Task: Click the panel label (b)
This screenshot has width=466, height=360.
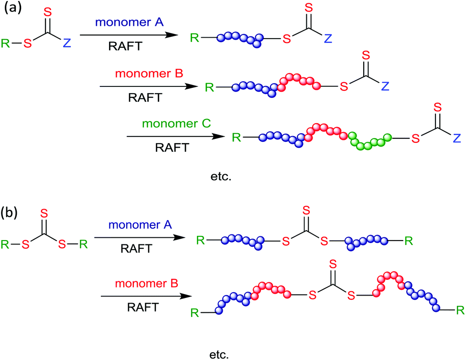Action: pyautogui.click(x=11, y=212)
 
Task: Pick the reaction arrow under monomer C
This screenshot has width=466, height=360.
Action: pyautogui.click(x=175, y=137)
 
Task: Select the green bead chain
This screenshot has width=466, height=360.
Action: pyautogui.click(x=370, y=140)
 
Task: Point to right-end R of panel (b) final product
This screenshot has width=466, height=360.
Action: pyautogui.click(x=459, y=311)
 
